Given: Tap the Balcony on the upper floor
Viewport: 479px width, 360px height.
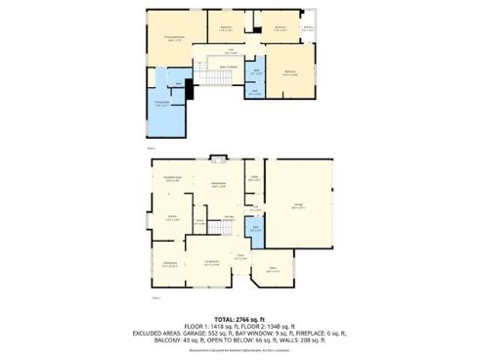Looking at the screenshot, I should (308, 29).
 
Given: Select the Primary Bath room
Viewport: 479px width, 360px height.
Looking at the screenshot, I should (163, 106).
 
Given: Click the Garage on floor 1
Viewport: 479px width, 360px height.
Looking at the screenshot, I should (299, 206).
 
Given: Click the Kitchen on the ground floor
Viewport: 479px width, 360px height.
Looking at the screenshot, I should (172, 218).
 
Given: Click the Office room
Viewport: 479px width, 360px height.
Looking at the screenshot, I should (273, 270).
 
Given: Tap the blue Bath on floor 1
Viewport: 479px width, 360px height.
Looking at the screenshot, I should (255, 231).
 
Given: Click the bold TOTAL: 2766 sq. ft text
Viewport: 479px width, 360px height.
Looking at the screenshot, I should (239, 320).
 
